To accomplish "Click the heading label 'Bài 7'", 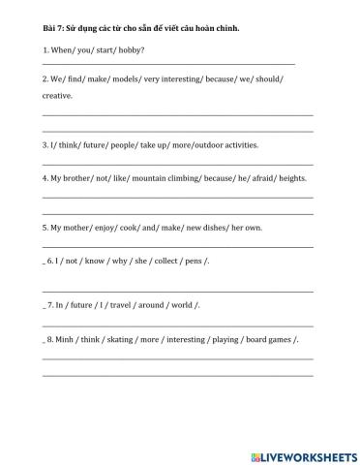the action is [52, 29].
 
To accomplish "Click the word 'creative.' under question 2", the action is [58, 96].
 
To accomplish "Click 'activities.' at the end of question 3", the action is [237, 145].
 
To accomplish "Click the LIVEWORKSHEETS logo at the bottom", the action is [304, 455].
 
